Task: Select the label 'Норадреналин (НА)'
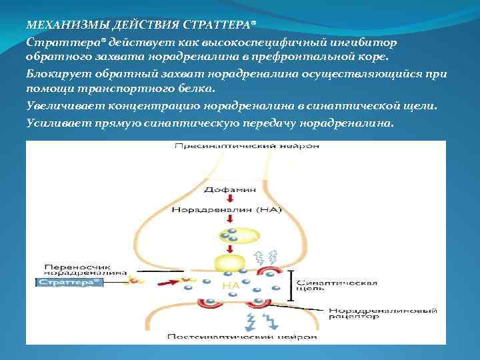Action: (227, 209)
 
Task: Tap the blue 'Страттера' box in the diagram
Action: (69, 283)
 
